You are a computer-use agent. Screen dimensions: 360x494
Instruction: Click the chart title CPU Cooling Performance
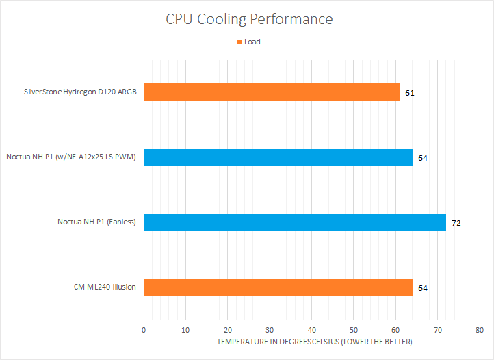pos(249,18)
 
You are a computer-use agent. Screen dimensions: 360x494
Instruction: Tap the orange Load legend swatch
pos(239,42)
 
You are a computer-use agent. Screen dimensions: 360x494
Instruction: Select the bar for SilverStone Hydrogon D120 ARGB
pos(271,92)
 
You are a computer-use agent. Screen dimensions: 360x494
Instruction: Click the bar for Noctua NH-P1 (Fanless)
pos(294,222)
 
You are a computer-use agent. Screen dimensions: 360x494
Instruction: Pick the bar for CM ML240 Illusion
pos(278,287)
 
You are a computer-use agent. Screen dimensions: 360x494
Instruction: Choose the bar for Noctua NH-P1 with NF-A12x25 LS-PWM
pos(278,157)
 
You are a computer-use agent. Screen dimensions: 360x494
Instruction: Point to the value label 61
pos(410,93)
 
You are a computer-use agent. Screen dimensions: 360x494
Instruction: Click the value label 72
pos(456,223)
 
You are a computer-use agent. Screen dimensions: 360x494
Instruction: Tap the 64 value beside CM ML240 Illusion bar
pos(423,288)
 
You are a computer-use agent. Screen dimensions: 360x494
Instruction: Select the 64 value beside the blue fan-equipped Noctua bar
pos(423,158)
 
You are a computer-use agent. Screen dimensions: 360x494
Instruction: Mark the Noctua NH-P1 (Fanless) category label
pos(97,222)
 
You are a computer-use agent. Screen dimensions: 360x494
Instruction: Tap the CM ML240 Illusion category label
pos(105,287)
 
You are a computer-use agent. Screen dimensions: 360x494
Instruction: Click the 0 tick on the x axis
pos(144,330)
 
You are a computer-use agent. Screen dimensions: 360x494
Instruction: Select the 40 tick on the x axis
pos(311,330)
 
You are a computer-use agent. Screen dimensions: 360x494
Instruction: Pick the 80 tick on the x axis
pos(480,330)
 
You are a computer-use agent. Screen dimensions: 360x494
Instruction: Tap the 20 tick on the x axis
pos(228,330)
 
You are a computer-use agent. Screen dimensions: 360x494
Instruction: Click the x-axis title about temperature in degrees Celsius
pos(315,342)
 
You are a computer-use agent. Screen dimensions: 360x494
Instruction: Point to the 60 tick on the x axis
pos(395,330)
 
